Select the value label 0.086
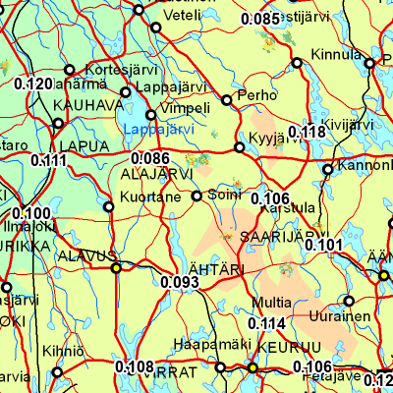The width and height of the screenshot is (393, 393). coord(150,157)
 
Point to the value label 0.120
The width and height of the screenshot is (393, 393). coord(33,84)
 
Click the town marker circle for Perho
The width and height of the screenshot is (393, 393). coord(228,100)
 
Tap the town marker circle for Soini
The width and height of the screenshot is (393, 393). coord(196,196)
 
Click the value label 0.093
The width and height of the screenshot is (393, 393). coord(180,282)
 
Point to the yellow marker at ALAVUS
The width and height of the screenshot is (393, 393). coord(116,268)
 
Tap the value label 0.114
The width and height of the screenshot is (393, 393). coord(266,323)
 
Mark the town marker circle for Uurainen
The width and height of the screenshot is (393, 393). coord(349,301)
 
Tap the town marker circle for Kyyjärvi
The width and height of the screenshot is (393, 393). coord(239,149)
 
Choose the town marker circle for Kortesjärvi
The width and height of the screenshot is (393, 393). coord(69,70)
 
